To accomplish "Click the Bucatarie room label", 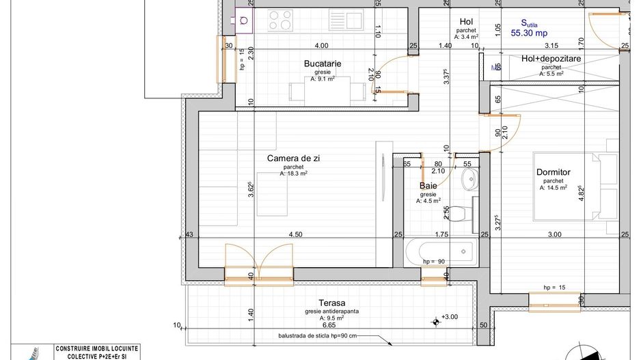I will [323, 64].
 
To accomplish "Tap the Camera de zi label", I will [293, 158].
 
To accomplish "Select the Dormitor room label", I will [553, 173].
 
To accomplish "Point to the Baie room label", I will [428, 185].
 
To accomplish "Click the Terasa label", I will [331, 303].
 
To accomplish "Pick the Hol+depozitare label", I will [551, 59].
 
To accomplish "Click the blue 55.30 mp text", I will [530, 32].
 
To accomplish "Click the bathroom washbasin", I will [470, 180].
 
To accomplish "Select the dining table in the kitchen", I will [327, 91].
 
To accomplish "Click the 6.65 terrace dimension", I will [331, 326].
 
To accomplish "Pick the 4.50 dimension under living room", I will [295, 234].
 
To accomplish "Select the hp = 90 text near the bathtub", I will [434, 262].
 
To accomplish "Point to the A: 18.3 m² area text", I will [293, 174].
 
